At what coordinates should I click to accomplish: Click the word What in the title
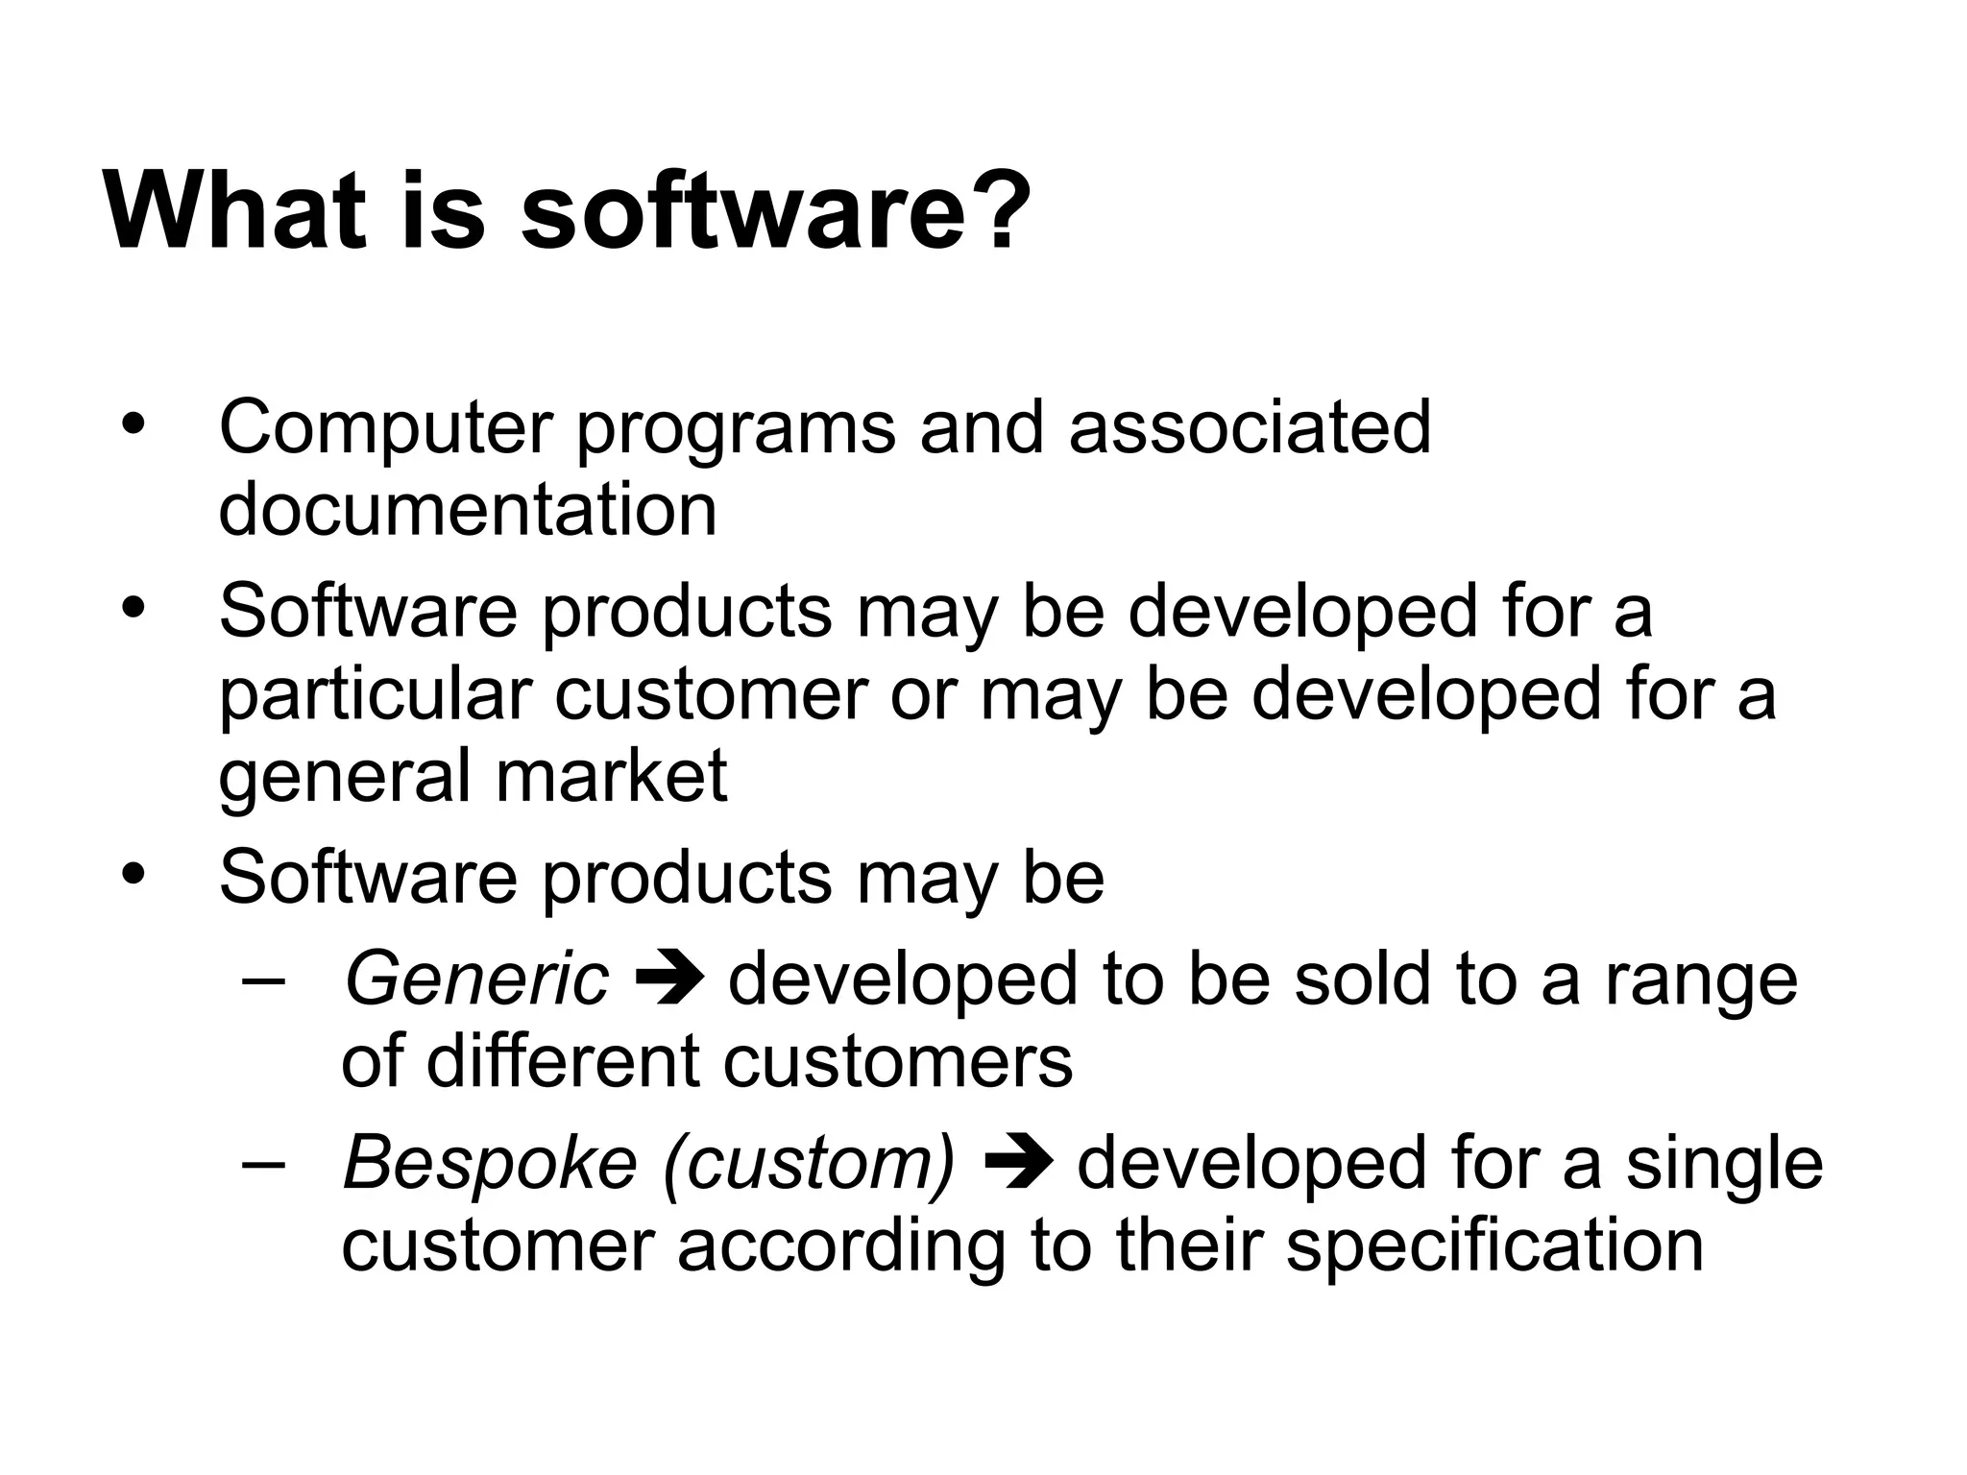point(235,210)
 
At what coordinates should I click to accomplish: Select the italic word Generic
point(476,980)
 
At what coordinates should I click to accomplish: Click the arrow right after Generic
point(669,980)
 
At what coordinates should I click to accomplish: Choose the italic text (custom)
point(809,1164)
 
